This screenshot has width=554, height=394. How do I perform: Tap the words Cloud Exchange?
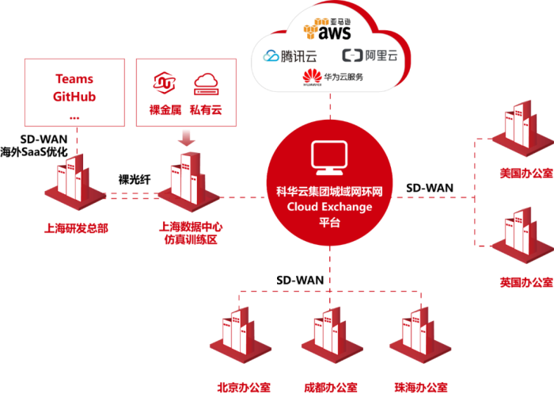[329, 207]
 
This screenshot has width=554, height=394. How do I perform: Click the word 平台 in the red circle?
[328, 223]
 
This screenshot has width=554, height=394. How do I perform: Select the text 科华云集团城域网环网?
[329, 193]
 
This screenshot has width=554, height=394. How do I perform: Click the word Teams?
[74, 79]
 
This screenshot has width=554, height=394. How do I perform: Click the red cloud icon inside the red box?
[206, 82]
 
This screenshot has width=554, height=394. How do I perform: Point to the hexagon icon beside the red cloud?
[165, 82]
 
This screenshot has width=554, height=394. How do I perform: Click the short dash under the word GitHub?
[74, 116]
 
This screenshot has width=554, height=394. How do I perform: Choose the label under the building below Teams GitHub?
[75, 228]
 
